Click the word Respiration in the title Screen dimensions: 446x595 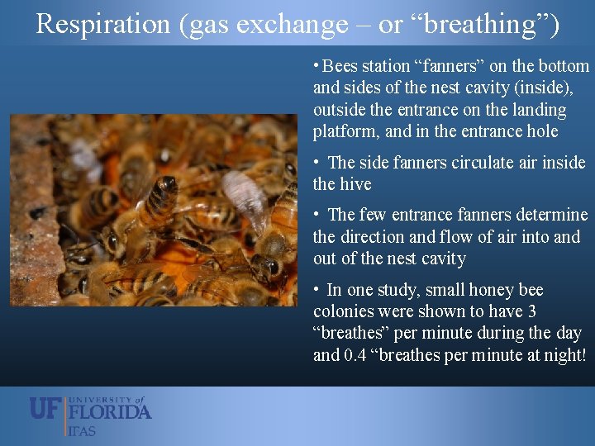click(x=102, y=24)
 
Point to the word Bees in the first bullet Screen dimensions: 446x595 click(x=341, y=66)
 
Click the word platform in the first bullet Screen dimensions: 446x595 click(x=343, y=131)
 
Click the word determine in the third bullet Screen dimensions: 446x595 click(x=549, y=216)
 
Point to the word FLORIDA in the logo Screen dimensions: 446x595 click(x=110, y=410)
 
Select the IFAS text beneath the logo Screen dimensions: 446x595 click(x=82, y=430)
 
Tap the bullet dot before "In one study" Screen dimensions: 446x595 click(x=317, y=290)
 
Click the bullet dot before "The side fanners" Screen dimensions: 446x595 click(x=317, y=163)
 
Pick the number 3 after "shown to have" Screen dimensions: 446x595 click(x=531, y=311)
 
